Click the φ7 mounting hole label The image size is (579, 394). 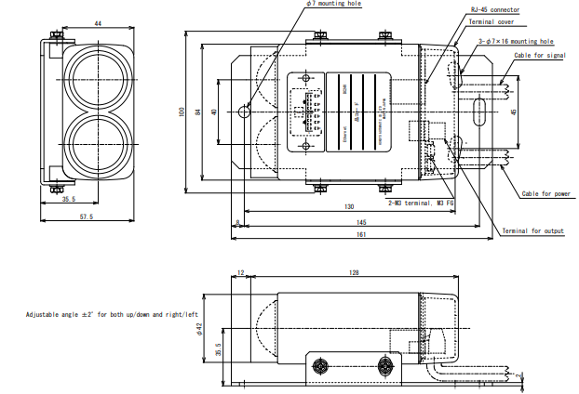click(335, 5)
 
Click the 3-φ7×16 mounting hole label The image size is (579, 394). click(515, 42)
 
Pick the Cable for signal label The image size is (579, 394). click(539, 55)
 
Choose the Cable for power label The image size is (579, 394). click(545, 194)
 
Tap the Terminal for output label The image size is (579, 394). click(533, 230)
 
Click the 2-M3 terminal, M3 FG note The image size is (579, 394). click(421, 201)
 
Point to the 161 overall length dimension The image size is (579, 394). click(359, 234)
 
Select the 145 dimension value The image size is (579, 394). click(359, 223)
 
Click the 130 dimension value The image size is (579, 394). click(348, 207)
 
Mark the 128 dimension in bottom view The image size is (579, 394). click(353, 272)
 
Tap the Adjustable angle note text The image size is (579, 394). click(112, 315)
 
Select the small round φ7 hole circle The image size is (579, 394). click(244, 112)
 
